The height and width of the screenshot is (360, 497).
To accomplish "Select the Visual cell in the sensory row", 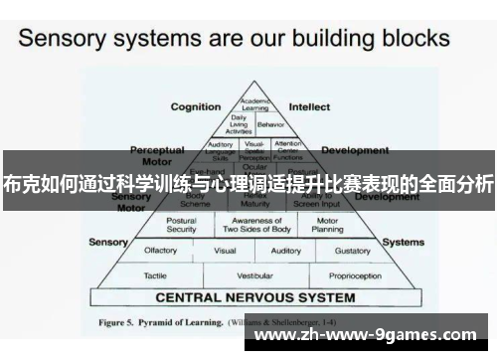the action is [x=226, y=251].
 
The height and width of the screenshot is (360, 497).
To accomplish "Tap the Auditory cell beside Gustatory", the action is [x=286, y=251].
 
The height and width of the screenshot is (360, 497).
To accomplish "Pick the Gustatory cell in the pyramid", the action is [x=352, y=251].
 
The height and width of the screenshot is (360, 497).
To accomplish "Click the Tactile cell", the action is [x=155, y=274].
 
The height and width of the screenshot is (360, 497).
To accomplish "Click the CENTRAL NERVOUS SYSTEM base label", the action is [x=255, y=297].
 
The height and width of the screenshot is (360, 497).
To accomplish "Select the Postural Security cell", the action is [x=182, y=225].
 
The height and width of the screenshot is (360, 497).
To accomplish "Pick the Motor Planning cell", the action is [x=327, y=225].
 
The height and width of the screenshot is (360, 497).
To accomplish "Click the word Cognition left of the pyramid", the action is [x=196, y=106].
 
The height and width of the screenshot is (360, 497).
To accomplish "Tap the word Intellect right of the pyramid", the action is [x=309, y=106].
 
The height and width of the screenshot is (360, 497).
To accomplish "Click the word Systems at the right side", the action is [x=403, y=242].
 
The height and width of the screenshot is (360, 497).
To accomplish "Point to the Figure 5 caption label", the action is [x=123, y=323].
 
